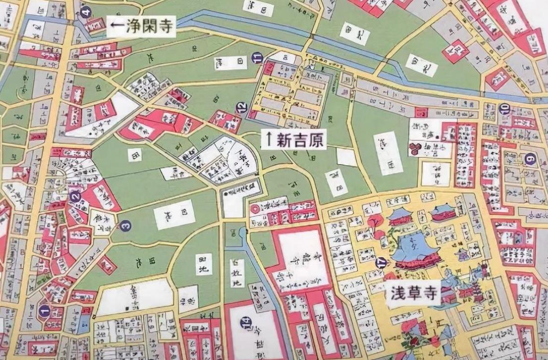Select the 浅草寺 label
click(x=414, y=294)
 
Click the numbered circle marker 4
click(x=86, y=12)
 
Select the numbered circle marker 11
click(x=256, y=58)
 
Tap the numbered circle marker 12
click(x=241, y=107)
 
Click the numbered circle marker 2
click(x=75, y=196)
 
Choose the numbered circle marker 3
click(x=125, y=226)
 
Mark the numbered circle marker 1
click(x=44, y=311)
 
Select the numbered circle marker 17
click(x=381, y=262)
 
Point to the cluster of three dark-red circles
click(x=414, y=147)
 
